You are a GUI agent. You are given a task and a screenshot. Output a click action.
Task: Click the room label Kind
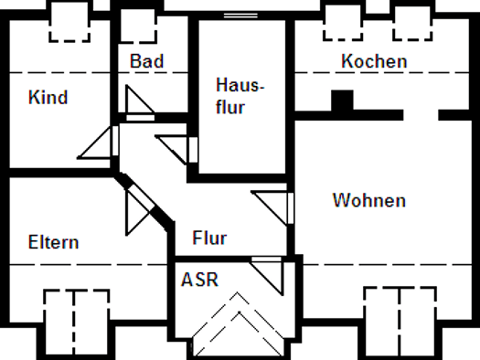(x=48, y=97)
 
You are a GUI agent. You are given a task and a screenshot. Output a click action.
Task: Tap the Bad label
(x=147, y=61)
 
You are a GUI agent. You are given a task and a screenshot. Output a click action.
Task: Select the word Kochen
(x=374, y=61)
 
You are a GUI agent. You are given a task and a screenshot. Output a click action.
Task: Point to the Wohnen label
(x=369, y=200)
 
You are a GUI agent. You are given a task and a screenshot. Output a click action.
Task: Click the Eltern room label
(x=54, y=242)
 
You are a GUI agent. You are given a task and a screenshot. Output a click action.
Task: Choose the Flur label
(x=209, y=238)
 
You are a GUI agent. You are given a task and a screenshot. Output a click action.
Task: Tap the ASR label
(x=199, y=280)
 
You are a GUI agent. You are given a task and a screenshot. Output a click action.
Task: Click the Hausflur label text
(x=240, y=96)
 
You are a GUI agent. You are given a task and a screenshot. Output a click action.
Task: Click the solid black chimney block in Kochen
(x=342, y=100)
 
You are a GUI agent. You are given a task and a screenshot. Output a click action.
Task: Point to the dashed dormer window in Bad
(x=138, y=26)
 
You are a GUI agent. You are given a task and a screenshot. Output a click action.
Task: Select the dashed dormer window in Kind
(x=69, y=22)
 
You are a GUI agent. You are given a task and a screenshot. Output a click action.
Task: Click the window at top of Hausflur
(x=240, y=16)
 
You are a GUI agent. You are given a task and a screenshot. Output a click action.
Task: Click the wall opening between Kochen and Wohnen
(x=421, y=115)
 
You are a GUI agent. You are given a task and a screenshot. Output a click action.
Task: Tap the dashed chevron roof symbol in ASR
(x=238, y=323)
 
